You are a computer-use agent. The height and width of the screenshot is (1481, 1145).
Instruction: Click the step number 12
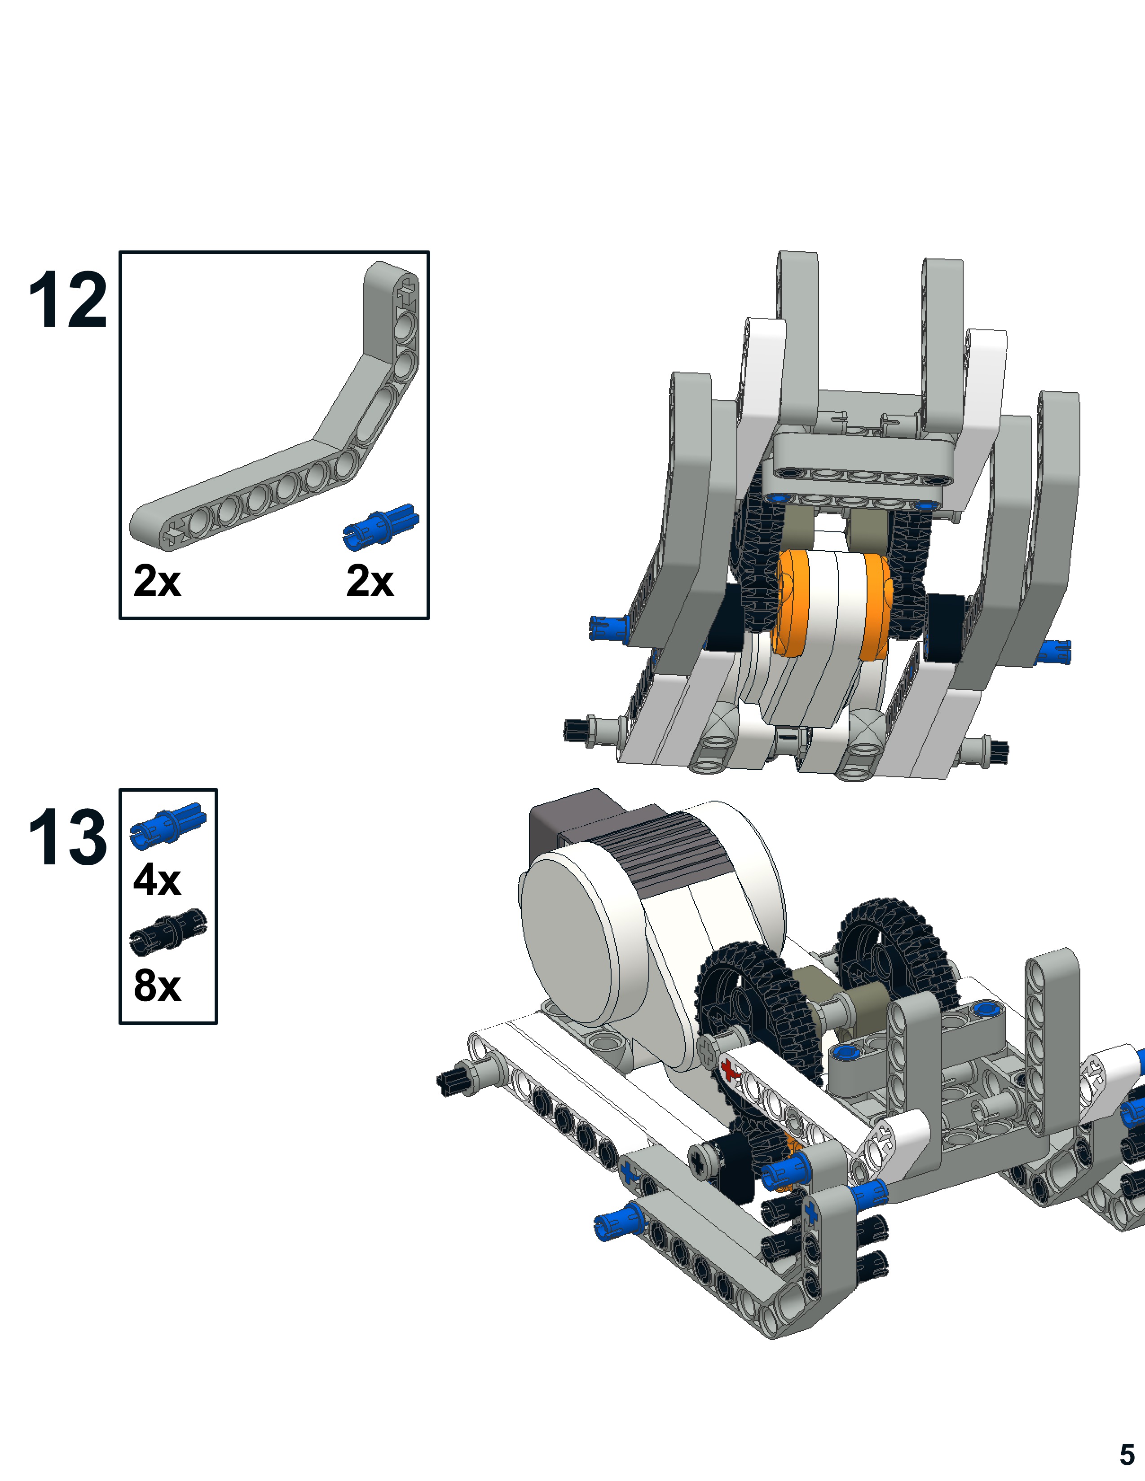(68, 300)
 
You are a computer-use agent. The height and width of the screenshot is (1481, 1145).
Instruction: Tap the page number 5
(1127, 1455)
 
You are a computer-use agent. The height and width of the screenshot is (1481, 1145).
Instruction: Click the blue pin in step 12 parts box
(380, 527)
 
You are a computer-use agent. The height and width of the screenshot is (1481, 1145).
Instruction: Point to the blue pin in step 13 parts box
(168, 825)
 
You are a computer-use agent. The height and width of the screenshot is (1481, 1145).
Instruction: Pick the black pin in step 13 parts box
(168, 930)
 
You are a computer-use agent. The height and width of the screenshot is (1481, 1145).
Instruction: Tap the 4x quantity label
(157, 880)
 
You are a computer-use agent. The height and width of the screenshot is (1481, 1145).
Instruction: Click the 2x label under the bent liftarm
(157, 581)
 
